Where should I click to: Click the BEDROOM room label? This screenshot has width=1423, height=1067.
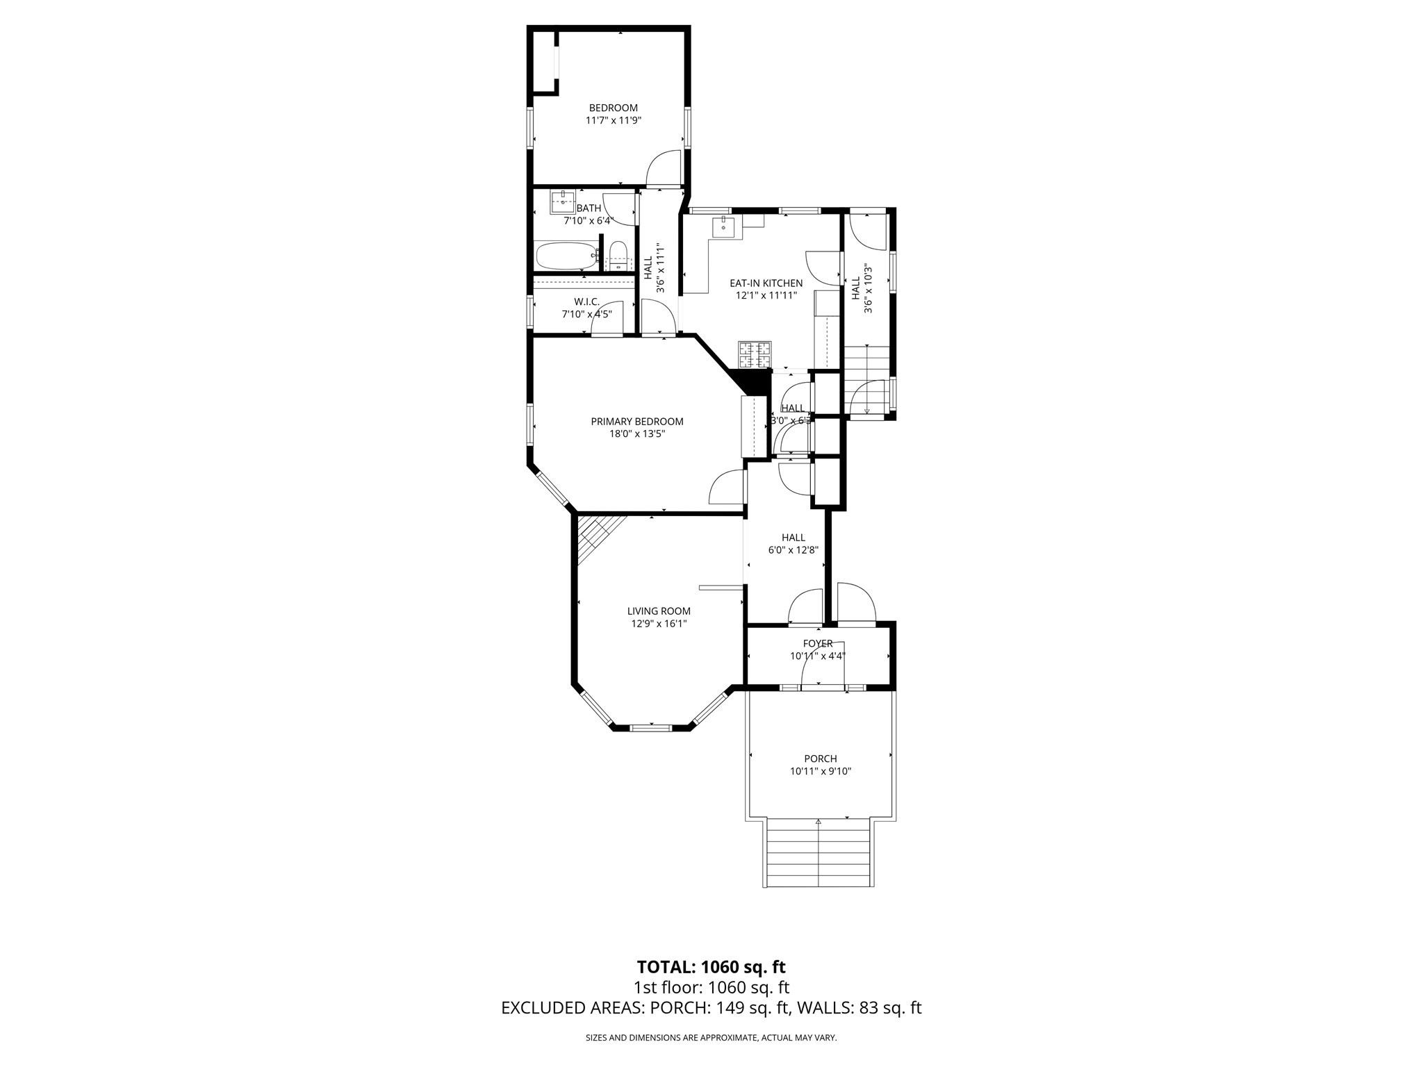click(613, 108)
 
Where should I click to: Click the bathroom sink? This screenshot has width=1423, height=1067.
click(562, 202)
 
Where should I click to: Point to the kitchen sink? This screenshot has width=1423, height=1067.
click(723, 226)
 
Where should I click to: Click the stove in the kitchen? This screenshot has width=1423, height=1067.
click(755, 355)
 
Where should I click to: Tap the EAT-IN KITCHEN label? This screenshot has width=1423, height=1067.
click(766, 283)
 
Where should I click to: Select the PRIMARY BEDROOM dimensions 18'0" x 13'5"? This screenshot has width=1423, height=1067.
click(636, 434)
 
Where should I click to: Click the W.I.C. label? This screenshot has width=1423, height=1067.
click(586, 301)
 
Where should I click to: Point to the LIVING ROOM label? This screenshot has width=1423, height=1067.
click(659, 611)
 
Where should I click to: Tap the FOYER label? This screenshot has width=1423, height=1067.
click(817, 644)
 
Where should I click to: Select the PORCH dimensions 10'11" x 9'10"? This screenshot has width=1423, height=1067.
click(820, 771)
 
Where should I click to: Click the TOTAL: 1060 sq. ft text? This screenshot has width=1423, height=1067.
click(711, 967)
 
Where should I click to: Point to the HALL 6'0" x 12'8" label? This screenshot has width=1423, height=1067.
click(793, 543)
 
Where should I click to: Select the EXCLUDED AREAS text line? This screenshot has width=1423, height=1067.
click(711, 1008)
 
